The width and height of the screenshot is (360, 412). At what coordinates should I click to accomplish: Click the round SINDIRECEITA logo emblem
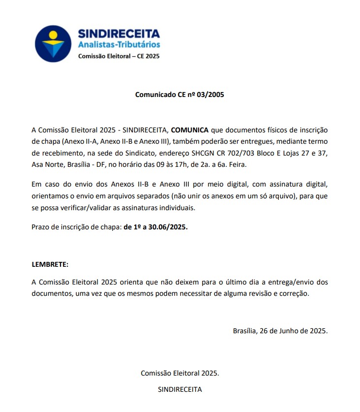click(x=54, y=43)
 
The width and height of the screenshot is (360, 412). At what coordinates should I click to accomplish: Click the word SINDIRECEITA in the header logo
click(x=119, y=33)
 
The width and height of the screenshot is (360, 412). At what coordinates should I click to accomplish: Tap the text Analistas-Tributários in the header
click(x=119, y=45)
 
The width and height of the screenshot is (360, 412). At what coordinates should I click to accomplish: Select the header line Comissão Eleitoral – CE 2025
click(x=119, y=56)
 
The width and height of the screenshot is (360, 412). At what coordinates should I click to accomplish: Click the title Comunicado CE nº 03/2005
click(x=180, y=95)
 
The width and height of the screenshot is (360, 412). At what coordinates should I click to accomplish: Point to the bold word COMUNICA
click(x=190, y=130)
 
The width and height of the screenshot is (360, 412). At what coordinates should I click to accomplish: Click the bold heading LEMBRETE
click(x=50, y=264)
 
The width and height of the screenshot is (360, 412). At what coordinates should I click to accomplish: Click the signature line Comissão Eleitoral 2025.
click(x=180, y=373)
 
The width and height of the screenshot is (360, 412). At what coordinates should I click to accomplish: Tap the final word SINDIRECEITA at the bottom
click(x=180, y=389)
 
